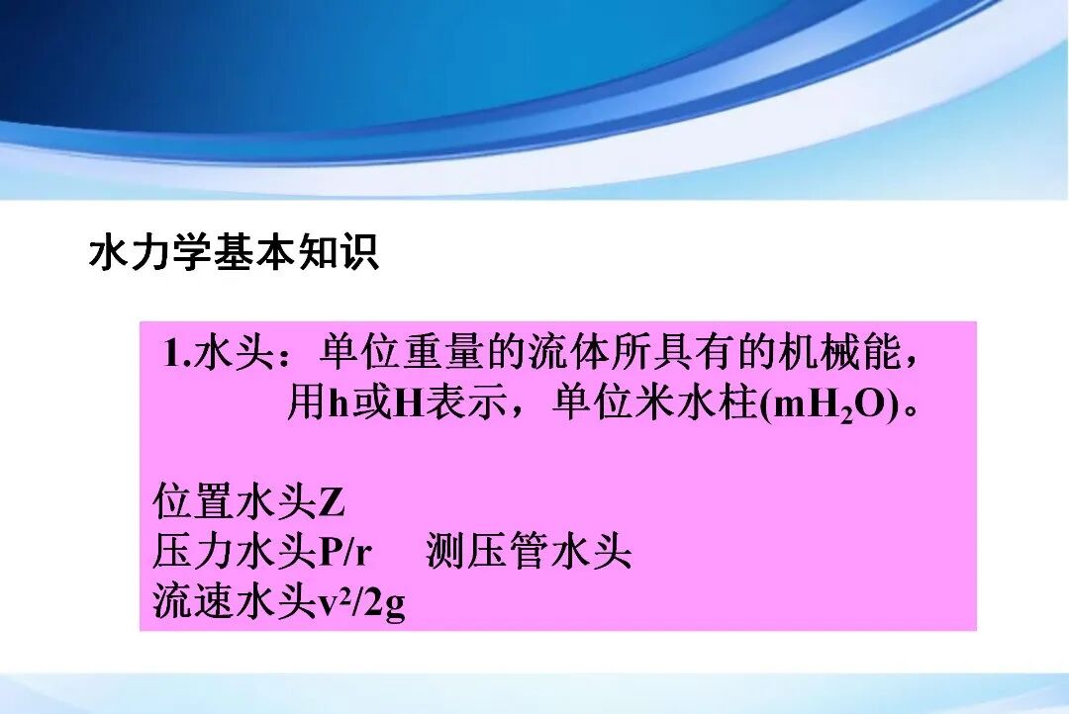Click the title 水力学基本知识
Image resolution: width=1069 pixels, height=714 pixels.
tap(234, 253)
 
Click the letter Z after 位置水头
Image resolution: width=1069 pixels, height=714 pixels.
tap(332, 503)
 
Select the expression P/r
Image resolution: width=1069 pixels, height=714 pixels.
tap(344, 553)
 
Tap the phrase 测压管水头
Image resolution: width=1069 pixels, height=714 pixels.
tap(529, 552)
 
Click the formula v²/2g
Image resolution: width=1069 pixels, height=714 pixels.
tap(361, 602)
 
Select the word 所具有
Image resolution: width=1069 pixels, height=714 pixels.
tap(699, 354)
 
